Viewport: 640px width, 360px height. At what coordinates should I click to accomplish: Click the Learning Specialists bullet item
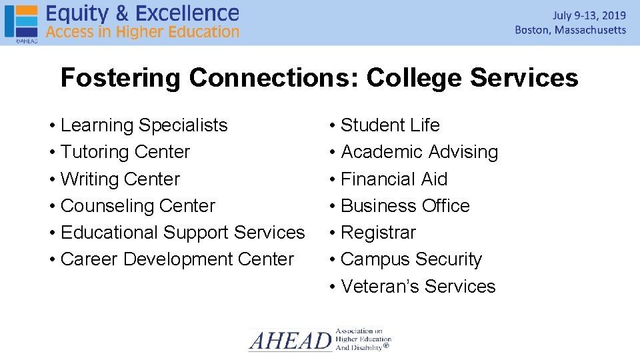[143, 125]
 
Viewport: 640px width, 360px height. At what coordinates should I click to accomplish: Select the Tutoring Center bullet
[125, 152]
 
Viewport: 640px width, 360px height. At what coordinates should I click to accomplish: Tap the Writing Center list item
[120, 179]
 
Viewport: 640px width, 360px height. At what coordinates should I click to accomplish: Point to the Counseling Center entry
[137, 206]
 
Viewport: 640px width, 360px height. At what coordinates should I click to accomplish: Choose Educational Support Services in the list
[182, 233]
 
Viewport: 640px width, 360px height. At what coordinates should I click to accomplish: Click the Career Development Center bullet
[177, 259]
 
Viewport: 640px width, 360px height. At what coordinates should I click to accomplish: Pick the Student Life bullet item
[390, 125]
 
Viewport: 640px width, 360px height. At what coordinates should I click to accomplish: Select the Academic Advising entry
[419, 152]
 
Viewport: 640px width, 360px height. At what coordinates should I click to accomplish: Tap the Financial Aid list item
[393, 179]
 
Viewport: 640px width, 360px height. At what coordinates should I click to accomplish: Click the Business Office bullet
[405, 206]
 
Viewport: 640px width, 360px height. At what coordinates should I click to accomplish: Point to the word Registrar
[378, 233]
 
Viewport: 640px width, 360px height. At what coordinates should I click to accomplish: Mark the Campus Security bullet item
[411, 259]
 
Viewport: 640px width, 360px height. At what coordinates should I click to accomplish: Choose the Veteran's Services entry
[418, 287]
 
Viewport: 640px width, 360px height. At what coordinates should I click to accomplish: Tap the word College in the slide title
[414, 78]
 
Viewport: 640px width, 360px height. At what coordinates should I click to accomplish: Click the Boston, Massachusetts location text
[571, 30]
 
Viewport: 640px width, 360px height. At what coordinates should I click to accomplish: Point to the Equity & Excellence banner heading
[142, 13]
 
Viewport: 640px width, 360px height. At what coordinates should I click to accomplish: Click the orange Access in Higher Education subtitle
[142, 31]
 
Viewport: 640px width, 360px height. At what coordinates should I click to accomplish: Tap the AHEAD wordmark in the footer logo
[290, 341]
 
